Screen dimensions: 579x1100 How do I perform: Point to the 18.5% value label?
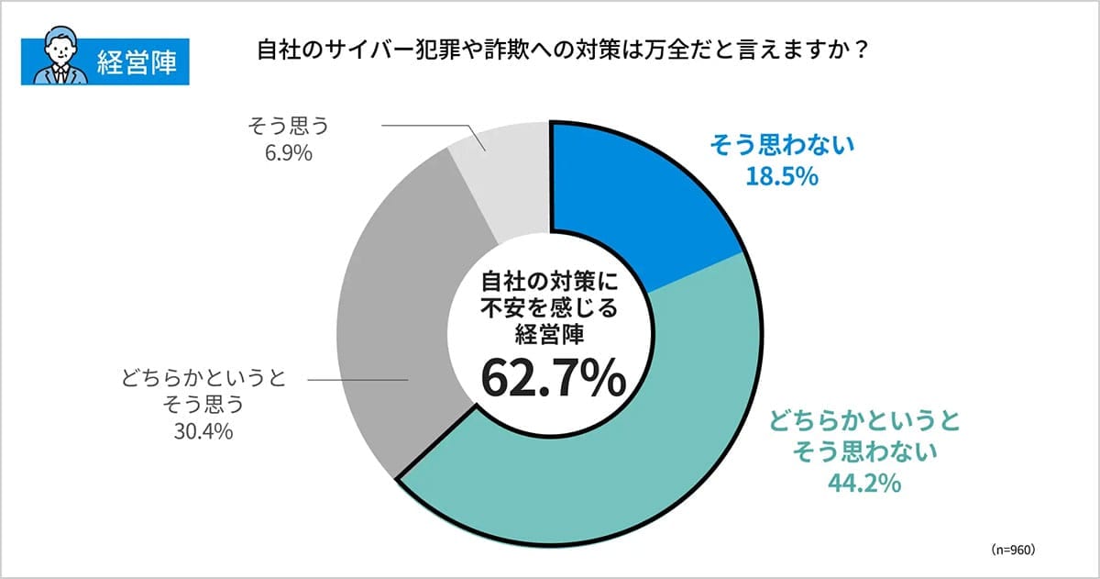781,176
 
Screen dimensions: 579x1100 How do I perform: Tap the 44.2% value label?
863,482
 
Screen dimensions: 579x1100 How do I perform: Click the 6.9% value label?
288,152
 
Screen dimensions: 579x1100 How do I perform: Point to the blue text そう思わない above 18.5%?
781,145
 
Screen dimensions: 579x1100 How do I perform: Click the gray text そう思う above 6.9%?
288,124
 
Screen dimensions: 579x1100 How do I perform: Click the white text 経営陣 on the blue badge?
136,63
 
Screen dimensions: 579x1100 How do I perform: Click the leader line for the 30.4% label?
357,379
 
